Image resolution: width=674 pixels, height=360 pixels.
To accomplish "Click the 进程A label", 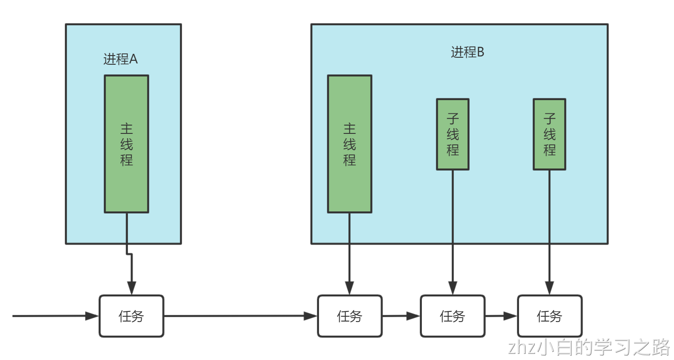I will pos(120,59).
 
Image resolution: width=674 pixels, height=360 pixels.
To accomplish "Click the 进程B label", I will pos(467,52).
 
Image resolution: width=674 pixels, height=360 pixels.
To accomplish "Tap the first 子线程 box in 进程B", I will pos(453,134).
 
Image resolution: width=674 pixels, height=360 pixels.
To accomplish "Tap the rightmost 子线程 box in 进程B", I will pos(549,134).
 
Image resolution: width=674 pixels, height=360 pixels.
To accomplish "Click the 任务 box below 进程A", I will pos(131,316).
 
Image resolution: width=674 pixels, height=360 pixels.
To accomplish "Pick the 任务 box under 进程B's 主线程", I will pos(350,316).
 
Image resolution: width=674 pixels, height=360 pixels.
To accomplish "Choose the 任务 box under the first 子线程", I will pos(453,316).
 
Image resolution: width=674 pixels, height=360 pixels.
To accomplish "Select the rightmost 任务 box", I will pos(550,316).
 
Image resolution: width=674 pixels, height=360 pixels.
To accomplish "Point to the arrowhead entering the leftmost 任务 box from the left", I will pos(93,316).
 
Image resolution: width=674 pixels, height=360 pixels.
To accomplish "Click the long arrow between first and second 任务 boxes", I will pos(236,316).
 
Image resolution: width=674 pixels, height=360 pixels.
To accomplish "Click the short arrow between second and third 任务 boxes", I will pos(400,316).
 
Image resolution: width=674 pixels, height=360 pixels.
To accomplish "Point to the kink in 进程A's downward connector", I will pos(129,254).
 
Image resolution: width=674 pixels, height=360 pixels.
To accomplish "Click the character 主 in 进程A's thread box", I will pos(126,129).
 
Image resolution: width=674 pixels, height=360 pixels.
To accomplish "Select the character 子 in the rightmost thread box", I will pos(549,118).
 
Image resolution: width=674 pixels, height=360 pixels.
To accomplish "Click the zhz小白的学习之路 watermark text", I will pos(589,348).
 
